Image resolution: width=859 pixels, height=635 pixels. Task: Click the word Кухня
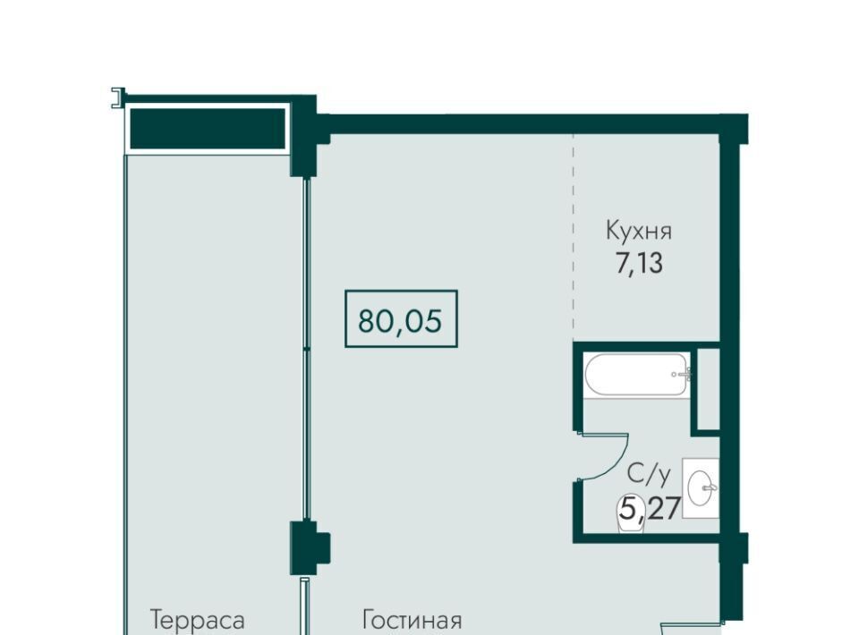click(639, 231)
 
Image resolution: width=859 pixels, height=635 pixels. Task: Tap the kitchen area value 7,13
click(639, 263)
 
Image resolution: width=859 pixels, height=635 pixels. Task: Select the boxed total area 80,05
click(401, 319)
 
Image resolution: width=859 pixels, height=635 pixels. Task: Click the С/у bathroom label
click(649, 474)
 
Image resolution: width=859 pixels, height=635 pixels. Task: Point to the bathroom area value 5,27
click(650, 508)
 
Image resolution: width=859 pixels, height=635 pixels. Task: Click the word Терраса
click(197, 620)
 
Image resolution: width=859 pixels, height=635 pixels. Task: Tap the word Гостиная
click(412, 620)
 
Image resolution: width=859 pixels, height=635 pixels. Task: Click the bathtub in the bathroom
click(637, 375)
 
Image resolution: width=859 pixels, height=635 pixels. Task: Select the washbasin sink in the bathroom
click(701, 487)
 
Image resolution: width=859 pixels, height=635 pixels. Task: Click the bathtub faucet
click(682, 375)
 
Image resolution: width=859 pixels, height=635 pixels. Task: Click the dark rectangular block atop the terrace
click(207, 128)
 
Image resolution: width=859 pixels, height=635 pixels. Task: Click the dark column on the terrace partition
click(309, 547)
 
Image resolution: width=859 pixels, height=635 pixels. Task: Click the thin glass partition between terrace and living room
click(307, 349)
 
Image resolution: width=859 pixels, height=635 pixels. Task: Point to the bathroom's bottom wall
click(646, 538)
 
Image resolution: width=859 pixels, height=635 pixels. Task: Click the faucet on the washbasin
click(710, 487)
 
